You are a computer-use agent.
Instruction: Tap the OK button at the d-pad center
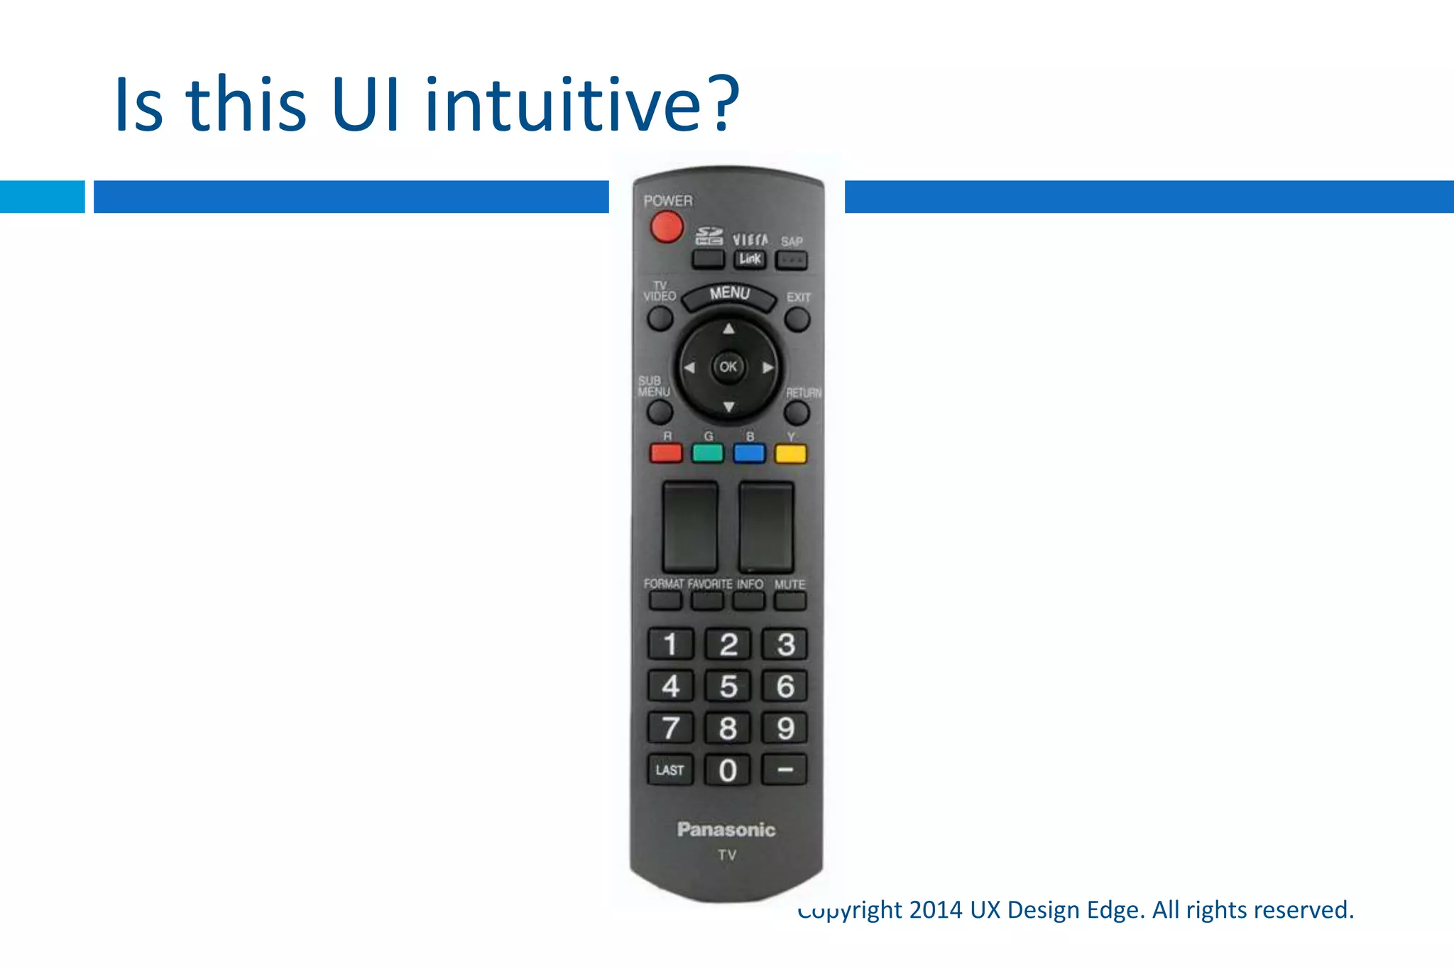(728, 367)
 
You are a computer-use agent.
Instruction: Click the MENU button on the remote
(729, 296)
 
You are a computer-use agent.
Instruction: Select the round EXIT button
(797, 319)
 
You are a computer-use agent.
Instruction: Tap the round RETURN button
(797, 412)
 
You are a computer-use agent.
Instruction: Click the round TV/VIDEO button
(660, 319)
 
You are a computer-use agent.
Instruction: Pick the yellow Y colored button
(790, 453)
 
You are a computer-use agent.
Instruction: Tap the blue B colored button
(749, 453)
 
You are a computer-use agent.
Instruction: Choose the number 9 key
(785, 728)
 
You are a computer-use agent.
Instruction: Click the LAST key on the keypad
(669, 770)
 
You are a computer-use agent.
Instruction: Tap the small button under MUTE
(790, 601)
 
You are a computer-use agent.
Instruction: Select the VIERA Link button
(750, 259)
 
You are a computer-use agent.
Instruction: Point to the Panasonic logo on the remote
(726, 830)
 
